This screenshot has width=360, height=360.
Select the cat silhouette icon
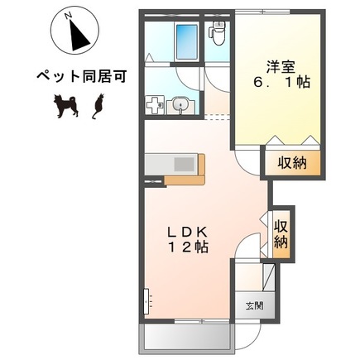(97, 105)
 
